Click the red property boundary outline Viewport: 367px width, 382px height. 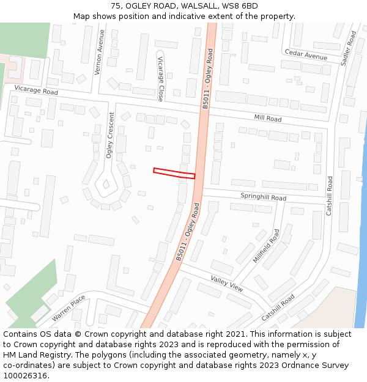(x=174, y=173)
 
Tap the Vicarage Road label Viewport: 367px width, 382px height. (x=35, y=90)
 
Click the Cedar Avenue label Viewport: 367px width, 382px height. (x=306, y=55)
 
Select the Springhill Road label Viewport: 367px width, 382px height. (x=263, y=197)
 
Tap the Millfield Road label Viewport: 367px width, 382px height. (x=266, y=246)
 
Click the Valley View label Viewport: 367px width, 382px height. (x=227, y=284)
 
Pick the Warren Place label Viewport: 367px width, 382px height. (x=69, y=308)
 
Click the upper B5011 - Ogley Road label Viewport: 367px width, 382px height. (x=209, y=79)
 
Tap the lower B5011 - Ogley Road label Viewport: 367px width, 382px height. (x=188, y=237)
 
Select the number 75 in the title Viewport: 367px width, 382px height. (x=116, y=6)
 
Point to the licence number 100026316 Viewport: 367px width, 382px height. (x=25, y=376)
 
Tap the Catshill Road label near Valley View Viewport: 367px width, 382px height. (x=278, y=308)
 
